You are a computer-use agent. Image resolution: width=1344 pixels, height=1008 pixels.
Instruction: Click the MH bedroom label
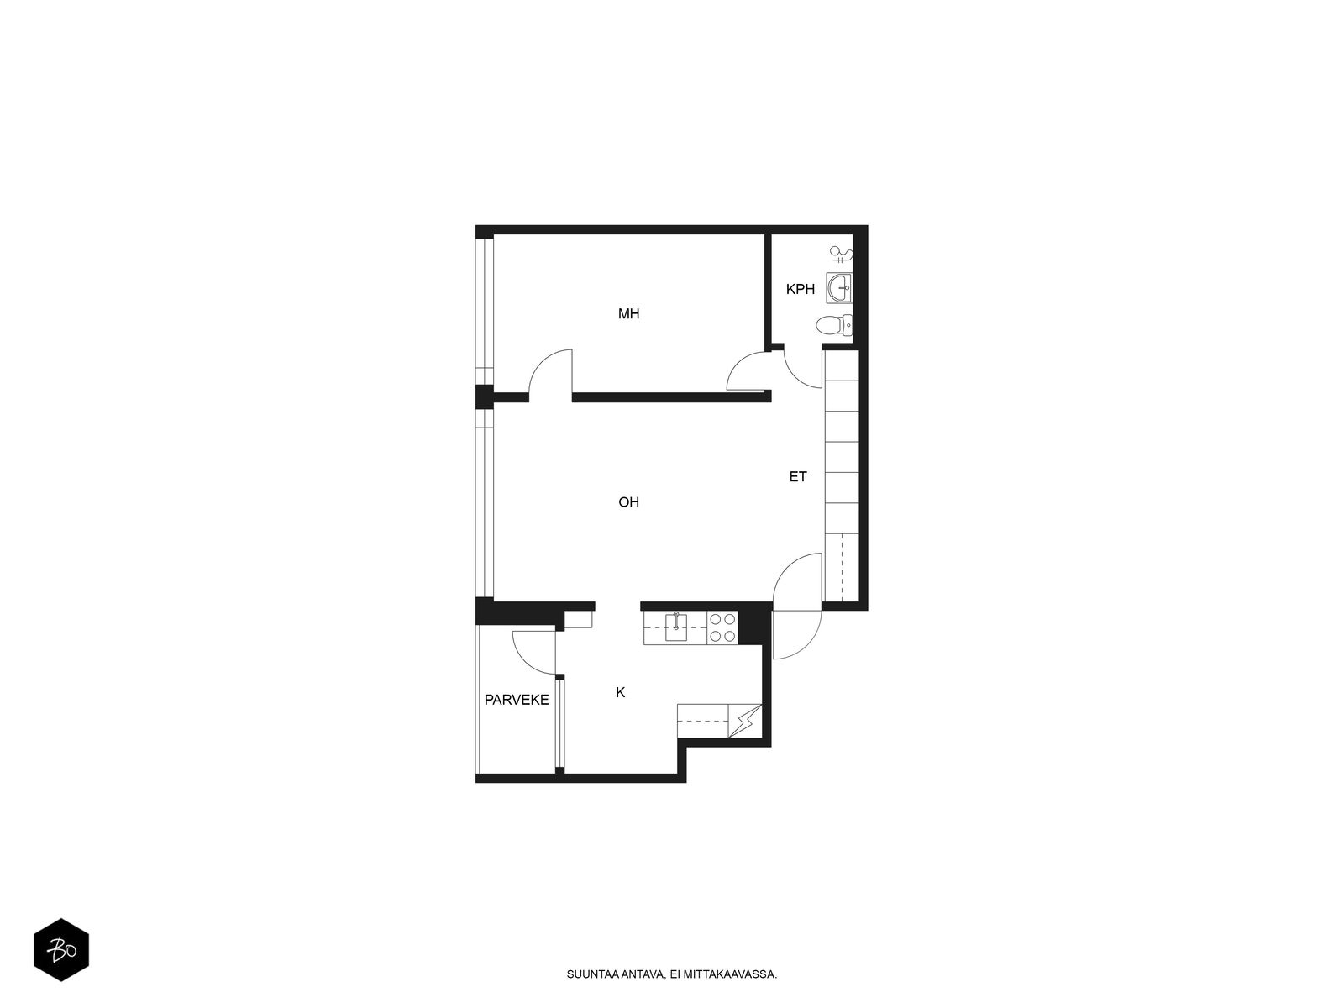(628, 314)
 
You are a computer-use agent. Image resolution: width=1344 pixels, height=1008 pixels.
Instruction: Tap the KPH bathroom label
(800, 290)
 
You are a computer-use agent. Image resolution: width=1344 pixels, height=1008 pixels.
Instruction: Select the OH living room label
(628, 502)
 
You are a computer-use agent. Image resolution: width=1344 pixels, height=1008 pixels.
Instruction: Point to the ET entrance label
(798, 477)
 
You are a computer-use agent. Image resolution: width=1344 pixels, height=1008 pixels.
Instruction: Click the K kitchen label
(620, 692)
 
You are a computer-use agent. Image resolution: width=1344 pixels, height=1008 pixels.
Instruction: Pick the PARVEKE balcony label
(516, 701)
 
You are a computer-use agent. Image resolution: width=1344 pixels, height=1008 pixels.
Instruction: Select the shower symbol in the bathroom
(842, 254)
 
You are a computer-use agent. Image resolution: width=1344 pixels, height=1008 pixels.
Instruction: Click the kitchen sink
(676, 627)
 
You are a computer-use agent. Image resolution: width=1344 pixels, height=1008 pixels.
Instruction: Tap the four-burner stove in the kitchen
(722, 627)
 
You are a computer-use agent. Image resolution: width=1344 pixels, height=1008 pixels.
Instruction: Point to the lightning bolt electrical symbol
(745, 721)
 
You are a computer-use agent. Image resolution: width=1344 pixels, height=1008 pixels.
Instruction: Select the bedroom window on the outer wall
(485, 312)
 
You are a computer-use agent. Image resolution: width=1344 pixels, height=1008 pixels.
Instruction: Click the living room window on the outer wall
(485, 503)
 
